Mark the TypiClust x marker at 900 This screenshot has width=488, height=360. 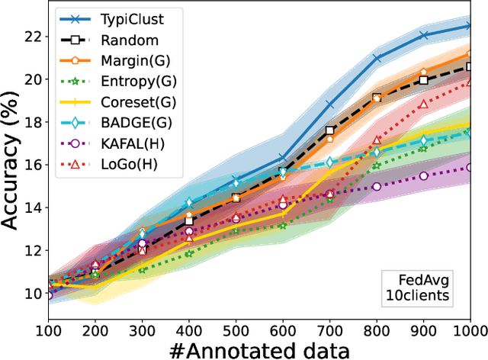tap(424, 35)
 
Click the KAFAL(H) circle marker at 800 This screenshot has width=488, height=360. tap(377, 186)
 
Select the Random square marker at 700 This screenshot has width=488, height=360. tap(330, 130)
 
